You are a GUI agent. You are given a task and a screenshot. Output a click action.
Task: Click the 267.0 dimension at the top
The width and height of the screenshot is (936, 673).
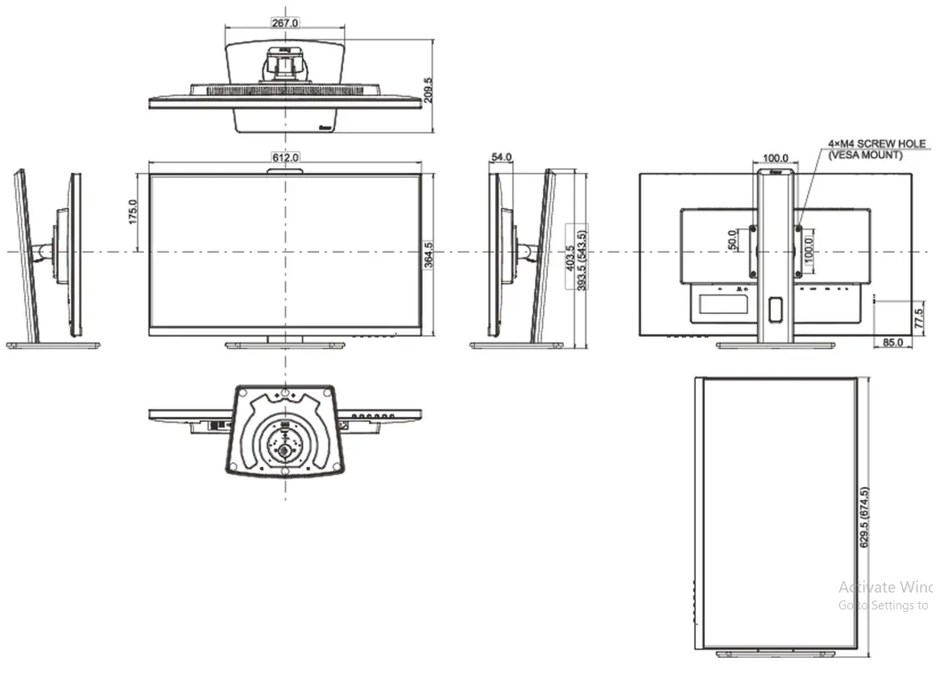[x=284, y=23]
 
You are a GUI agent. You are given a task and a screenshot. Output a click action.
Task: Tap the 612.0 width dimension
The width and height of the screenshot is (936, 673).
[x=284, y=157]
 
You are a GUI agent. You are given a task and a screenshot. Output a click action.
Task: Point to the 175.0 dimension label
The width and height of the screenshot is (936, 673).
[x=133, y=212]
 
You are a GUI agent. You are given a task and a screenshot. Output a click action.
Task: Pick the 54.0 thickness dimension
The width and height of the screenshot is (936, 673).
[x=501, y=157]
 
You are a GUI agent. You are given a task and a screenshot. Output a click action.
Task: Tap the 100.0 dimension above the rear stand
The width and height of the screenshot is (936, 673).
[x=775, y=157]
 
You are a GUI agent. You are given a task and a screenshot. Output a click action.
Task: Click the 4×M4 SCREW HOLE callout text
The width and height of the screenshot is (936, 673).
[x=876, y=144]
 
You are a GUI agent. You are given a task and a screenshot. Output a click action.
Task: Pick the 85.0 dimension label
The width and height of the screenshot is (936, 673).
[x=893, y=343]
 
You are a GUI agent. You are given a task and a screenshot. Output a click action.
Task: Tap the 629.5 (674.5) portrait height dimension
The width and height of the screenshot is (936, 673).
[x=864, y=517]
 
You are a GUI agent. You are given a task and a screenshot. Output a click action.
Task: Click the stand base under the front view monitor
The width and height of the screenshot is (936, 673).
[x=284, y=345]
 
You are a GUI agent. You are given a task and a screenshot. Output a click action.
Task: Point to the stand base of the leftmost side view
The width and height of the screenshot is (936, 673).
[x=53, y=345]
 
